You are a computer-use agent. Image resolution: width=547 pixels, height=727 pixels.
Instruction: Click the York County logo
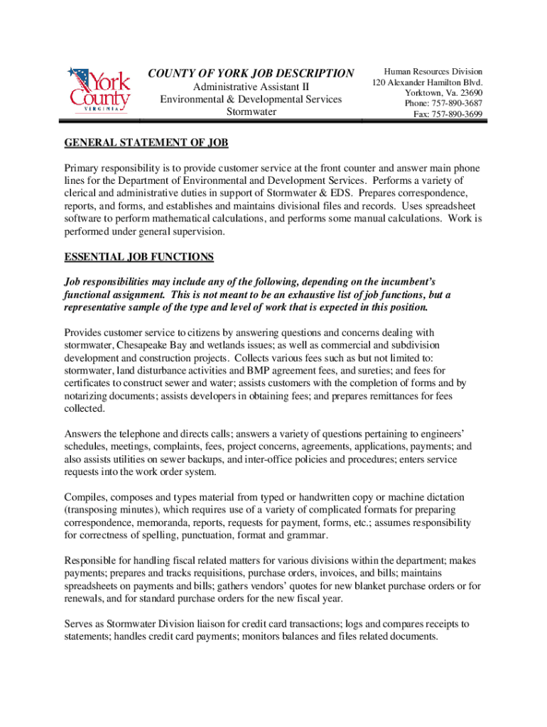pos(99,89)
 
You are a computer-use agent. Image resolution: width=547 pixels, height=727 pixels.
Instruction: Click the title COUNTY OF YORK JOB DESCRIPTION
pos(251,74)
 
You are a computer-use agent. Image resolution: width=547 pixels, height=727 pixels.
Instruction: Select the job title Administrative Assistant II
pos(251,87)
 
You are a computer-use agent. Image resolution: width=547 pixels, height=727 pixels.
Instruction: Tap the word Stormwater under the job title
pos(251,112)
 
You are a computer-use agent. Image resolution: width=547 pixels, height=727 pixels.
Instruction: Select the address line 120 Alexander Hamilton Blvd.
pos(428,82)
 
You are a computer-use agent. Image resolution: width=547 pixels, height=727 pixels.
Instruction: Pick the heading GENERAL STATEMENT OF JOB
pos(146,143)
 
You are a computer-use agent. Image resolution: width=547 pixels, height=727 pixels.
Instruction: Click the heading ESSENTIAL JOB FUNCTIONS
pos(139,256)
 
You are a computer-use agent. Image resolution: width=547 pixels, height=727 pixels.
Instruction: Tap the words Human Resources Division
pos(433,72)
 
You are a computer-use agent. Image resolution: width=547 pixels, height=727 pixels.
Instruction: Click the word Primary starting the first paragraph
pos(84,168)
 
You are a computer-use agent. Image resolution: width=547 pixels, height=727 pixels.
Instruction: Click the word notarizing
pos(88,395)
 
